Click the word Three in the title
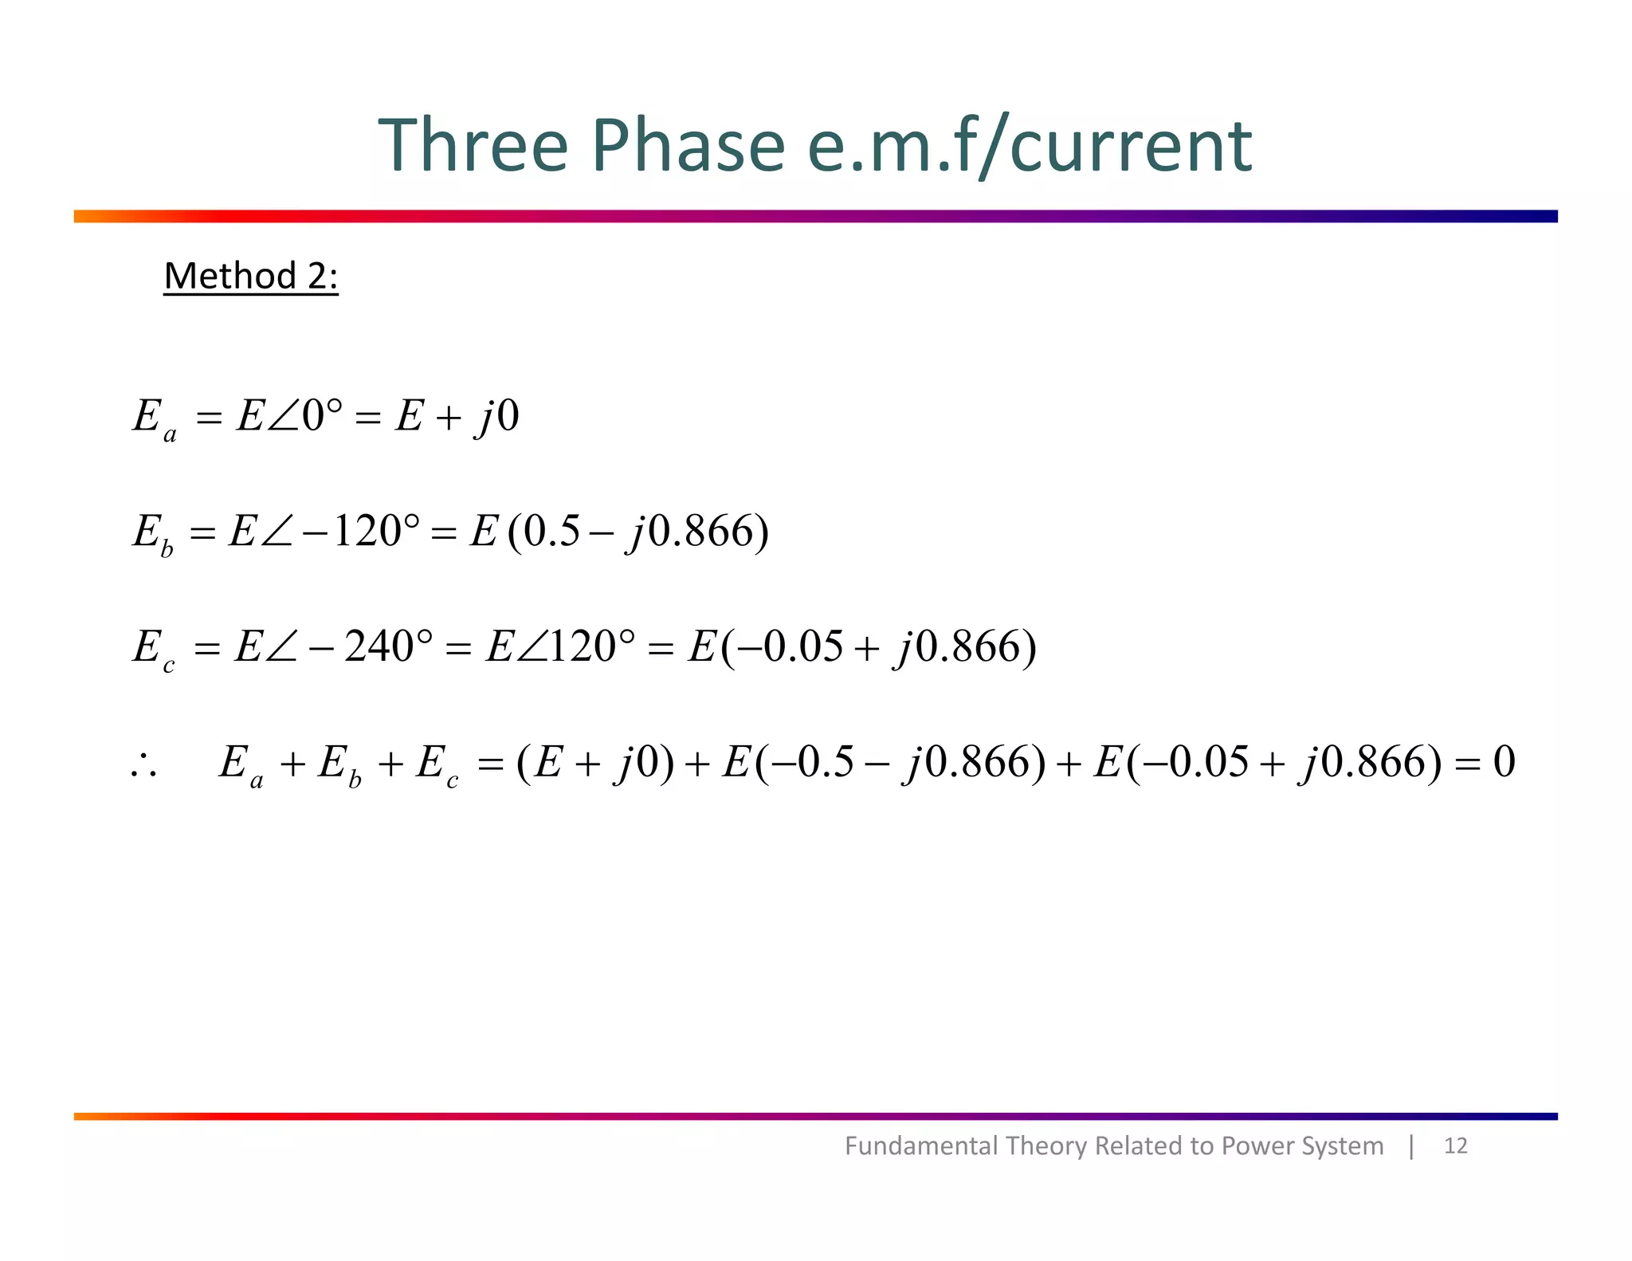pos(472,145)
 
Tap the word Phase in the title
pos(688,145)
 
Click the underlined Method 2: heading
pos(251,277)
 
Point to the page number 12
pos(1455,1146)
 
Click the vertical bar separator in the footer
pos(1411,1146)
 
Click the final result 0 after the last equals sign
pos(1504,761)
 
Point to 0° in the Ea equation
pos(323,415)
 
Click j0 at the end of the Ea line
pos(498,416)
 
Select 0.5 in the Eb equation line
pos(551,531)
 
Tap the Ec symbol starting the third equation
pos(152,648)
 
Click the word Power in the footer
pos(1257,1146)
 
